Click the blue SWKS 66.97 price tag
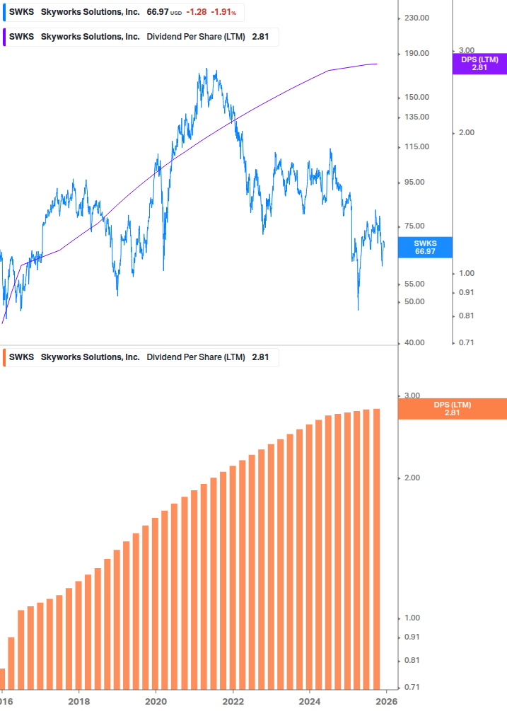tap(425, 247)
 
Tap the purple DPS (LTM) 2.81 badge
tap(479, 64)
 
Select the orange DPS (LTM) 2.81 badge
tap(453, 408)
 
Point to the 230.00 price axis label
tap(416, 18)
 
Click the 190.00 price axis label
tap(416, 54)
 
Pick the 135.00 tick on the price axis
tap(416, 117)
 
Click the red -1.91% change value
tap(224, 12)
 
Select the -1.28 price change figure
tap(197, 12)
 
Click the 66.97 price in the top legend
tap(157, 12)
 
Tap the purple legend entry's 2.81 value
tap(260, 37)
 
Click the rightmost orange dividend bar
tap(377, 549)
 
